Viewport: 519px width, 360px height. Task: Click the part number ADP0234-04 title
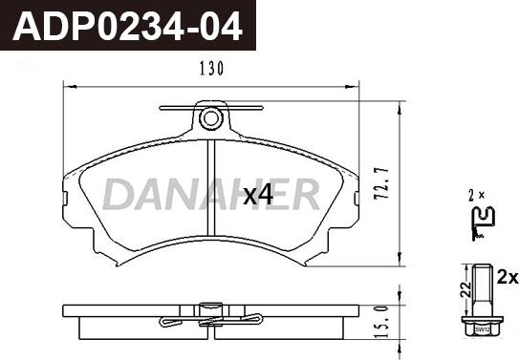point(127,27)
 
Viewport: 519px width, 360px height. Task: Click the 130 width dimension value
point(211,69)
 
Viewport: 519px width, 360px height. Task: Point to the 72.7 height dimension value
point(381,183)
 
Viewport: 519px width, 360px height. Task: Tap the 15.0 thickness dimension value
point(381,323)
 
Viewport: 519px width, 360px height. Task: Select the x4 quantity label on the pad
point(258,195)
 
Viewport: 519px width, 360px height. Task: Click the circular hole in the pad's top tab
point(210,118)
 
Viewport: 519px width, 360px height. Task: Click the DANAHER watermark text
point(211,194)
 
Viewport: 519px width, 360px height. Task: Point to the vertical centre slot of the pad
point(211,188)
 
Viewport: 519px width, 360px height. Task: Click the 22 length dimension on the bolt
point(466,290)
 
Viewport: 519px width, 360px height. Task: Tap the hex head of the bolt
point(483,327)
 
